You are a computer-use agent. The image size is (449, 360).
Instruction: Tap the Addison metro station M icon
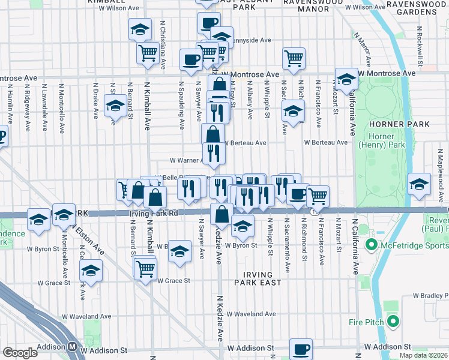click(x=72, y=346)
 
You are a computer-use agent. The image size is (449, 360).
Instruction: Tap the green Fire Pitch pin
click(x=393, y=322)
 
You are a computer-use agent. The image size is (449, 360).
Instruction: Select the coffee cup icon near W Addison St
click(x=301, y=348)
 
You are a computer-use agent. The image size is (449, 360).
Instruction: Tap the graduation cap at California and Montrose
click(x=346, y=80)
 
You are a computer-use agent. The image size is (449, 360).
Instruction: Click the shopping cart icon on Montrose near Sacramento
click(x=294, y=58)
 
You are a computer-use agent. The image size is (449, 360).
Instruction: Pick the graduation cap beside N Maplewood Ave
click(x=419, y=184)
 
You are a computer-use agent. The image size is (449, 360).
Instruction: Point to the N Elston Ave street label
click(x=82, y=240)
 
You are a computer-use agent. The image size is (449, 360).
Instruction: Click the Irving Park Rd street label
click(x=153, y=213)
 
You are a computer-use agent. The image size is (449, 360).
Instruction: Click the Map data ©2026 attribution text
click(x=423, y=355)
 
